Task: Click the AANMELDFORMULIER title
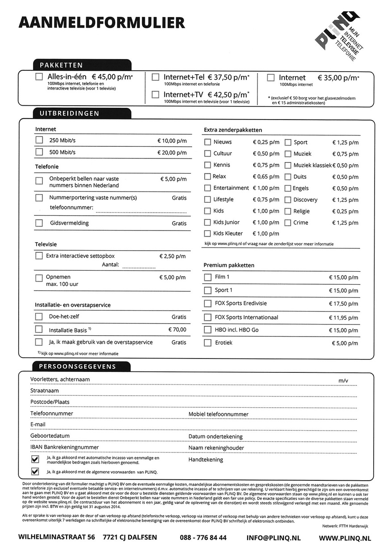[x=101, y=22]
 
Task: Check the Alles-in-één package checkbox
[x=39, y=77]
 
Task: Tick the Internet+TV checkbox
[x=156, y=94]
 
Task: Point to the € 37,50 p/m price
[x=228, y=77]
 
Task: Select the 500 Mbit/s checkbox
[x=39, y=152]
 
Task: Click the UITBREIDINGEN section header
[x=69, y=114]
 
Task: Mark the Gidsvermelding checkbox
[x=39, y=223]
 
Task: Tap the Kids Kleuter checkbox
[x=207, y=233]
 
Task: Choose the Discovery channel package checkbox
[x=288, y=200]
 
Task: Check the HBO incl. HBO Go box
[x=207, y=330]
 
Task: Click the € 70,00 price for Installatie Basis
[x=177, y=330]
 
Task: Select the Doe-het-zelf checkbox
[x=39, y=317]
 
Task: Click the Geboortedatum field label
[x=50, y=436]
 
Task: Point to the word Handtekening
[x=206, y=459]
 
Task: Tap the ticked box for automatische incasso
[x=35, y=460]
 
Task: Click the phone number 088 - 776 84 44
[x=203, y=538]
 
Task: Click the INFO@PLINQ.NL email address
[x=274, y=538]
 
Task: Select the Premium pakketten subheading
[x=229, y=265]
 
